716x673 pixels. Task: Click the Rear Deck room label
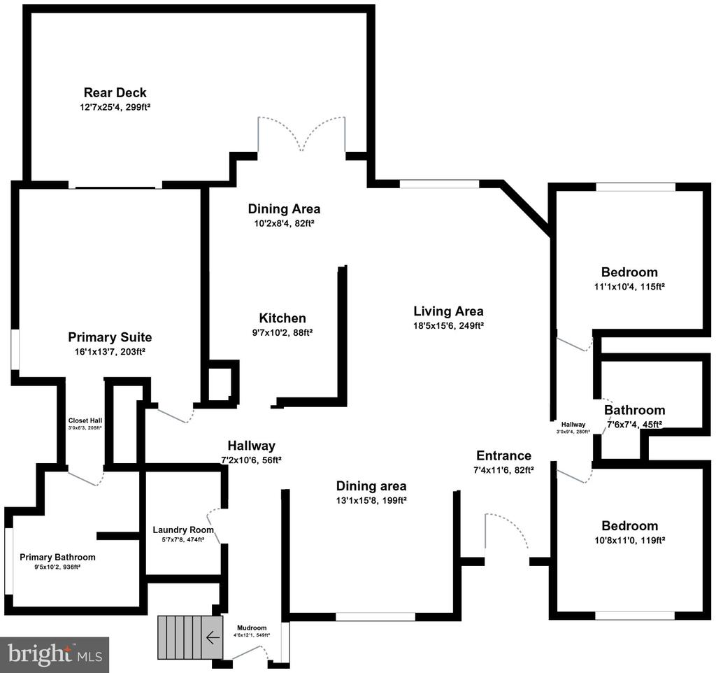[x=115, y=92]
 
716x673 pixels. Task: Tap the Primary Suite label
[x=110, y=337]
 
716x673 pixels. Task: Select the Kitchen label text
[x=282, y=318]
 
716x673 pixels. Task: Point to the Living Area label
[x=448, y=311]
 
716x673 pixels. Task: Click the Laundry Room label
[x=183, y=530]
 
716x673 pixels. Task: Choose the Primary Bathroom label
[x=57, y=557]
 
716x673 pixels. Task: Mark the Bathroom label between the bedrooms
[x=634, y=410]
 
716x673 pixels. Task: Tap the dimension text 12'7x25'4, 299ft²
[x=115, y=108]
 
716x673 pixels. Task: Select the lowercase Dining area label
[x=371, y=486]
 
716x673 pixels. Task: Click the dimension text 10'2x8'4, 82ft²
[x=284, y=223]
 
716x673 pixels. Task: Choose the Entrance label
[x=503, y=455]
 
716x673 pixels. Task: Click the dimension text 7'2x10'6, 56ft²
[x=251, y=460]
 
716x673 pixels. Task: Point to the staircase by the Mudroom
[x=185, y=637]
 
